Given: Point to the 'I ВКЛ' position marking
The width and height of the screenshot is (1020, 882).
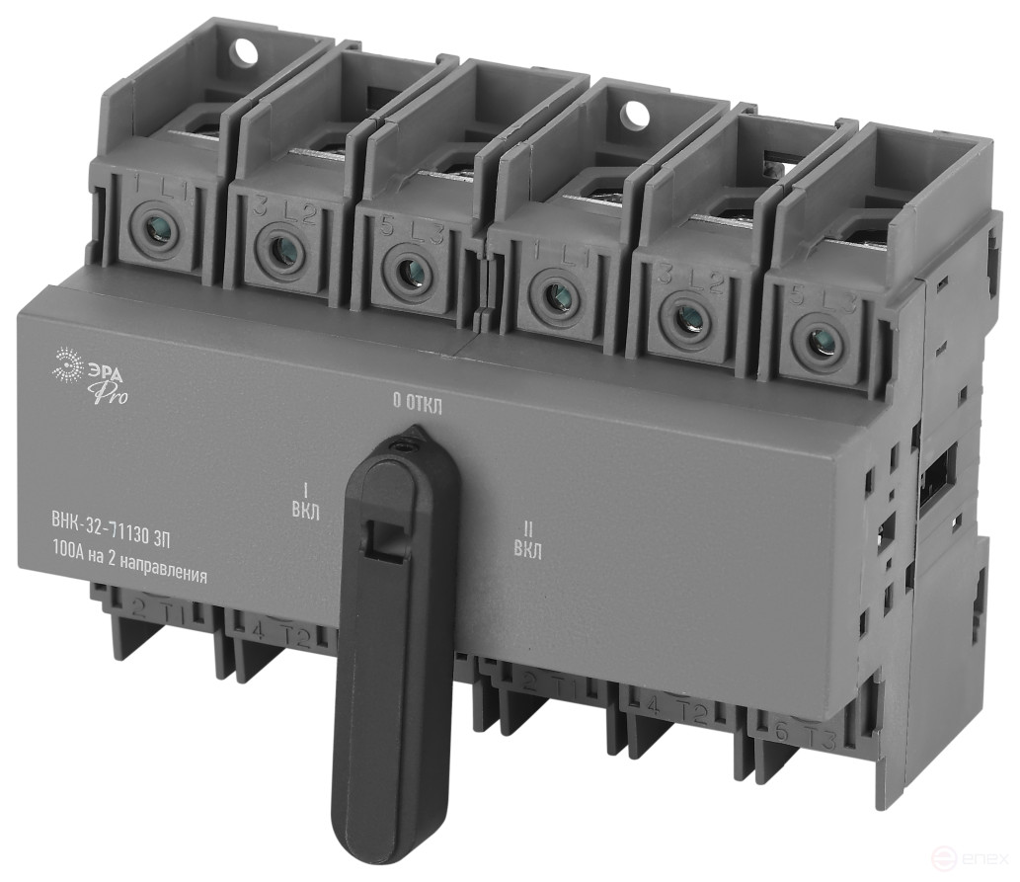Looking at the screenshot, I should (x=305, y=499).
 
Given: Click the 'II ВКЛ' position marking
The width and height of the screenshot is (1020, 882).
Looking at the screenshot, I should (x=527, y=542).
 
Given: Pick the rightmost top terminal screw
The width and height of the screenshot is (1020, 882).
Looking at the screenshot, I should (x=819, y=343).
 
